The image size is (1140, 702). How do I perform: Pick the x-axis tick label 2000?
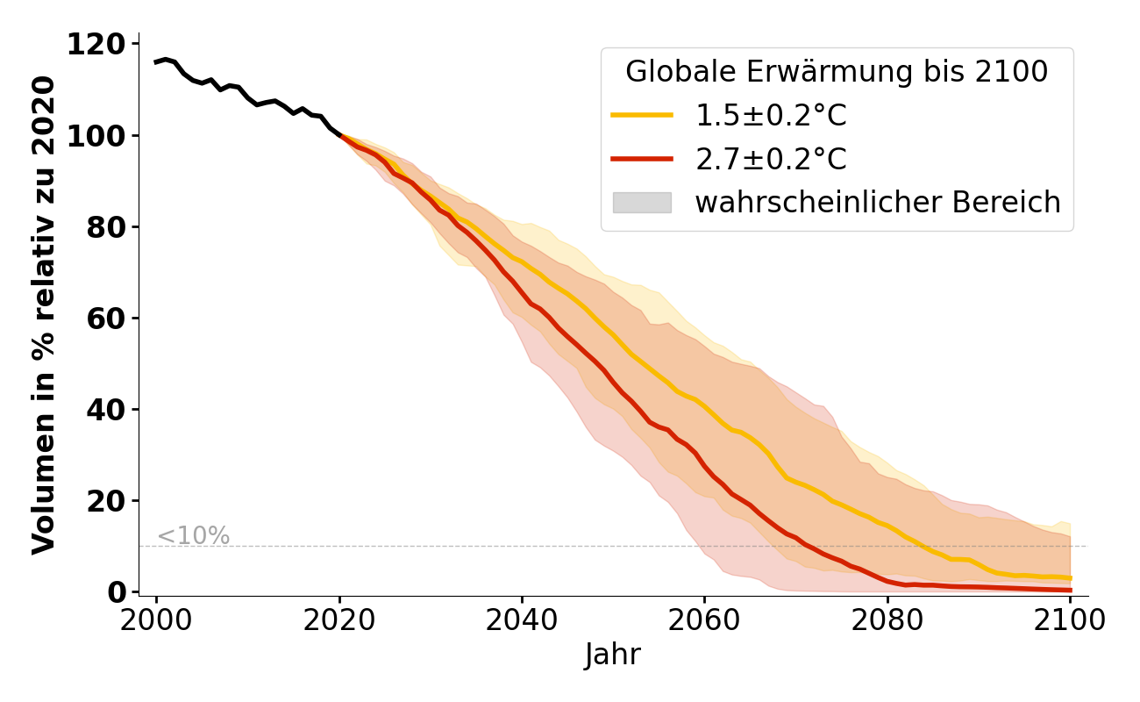pyautogui.click(x=157, y=620)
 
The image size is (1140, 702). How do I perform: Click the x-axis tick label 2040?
pyautogui.click(x=522, y=620)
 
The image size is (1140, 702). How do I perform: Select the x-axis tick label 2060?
pyautogui.click(x=704, y=620)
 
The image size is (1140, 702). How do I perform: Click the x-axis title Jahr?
pyautogui.click(x=613, y=655)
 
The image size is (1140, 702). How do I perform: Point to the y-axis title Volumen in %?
pyautogui.click(x=44, y=315)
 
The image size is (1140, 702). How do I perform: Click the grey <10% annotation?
pyautogui.click(x=193, y=536)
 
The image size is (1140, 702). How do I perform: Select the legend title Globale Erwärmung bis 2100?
pyautogui.click(x=837, y=73)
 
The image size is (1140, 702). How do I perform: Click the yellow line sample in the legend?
pyautogui.click(x=642, y=115)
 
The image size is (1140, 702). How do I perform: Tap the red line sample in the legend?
pyautogui.click(x=642, y=159)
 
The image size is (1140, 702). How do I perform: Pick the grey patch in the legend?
pyautogui.click(x=642, y=203)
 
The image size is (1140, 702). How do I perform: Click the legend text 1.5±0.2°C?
pyautogui.click(x=772, y=116)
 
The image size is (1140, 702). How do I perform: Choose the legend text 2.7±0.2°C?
pyautogui.click(x=772, y=160)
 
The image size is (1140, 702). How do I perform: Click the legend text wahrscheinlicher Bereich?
pyautogui.click(x=878, y=203)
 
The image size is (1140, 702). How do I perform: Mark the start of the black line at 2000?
pyautogui.click(x=156, y=62)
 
